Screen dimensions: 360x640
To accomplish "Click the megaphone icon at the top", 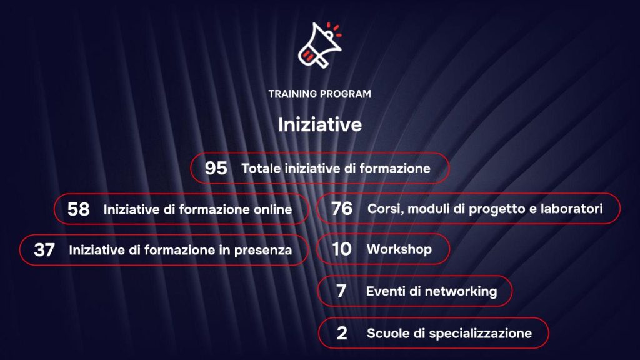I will pos(319,45).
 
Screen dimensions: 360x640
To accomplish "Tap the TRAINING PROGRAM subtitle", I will pos(319,94).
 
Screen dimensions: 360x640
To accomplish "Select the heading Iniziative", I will pos(319,124).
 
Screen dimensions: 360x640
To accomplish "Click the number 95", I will pos(216,168).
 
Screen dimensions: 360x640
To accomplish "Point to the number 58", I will pos(79,209).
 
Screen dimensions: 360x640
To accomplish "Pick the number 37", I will pos(44,250).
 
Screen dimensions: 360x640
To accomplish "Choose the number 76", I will pos(342,209).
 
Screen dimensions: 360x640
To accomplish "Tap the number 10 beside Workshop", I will pos(342,249).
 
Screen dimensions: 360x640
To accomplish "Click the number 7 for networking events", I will pos(341,292).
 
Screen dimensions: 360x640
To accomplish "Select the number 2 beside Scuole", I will pos(342,334).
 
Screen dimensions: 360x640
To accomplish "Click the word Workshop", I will pos(399,249).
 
